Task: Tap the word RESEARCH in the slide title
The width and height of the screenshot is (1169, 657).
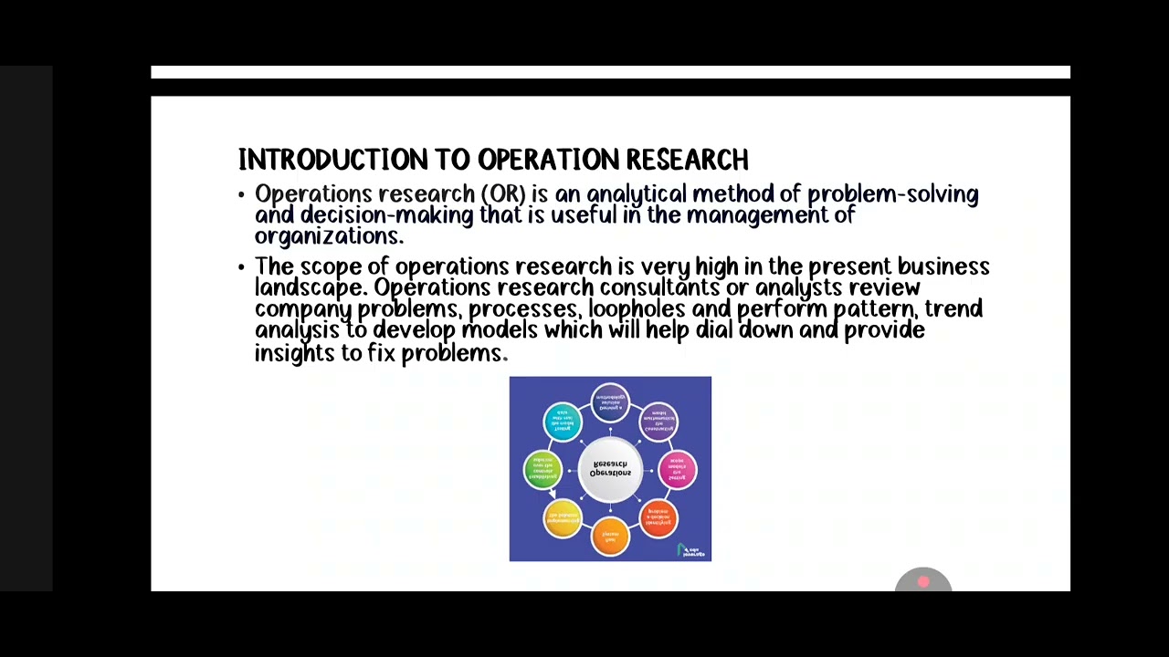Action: click(687, 160)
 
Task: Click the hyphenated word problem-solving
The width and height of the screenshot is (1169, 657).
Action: click(892, 194)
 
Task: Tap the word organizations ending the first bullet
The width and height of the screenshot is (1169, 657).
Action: click(327, 236)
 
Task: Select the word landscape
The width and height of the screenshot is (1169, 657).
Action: click(309, 288)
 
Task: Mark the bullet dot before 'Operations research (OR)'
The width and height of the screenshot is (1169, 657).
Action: click(242, 195)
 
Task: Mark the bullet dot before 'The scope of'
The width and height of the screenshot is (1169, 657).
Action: click(242, 267)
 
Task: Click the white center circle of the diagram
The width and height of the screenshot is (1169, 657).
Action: click(610, 469)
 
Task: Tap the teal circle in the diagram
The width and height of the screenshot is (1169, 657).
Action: click(563, 422)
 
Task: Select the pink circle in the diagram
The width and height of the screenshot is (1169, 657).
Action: click(678, 470)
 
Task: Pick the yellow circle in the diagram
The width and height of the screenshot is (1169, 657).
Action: click(563, 518)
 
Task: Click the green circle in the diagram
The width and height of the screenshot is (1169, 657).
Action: click(542, 469)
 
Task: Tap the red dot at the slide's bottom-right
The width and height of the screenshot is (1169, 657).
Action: click(923, 581)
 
